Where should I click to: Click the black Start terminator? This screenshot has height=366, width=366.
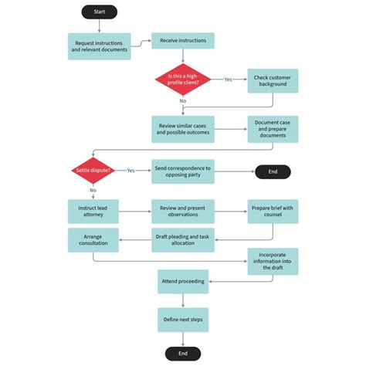(100, 12)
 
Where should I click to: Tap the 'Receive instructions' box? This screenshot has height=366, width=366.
(183, 40)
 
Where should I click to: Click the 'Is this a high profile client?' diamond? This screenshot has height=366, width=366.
(183, 79)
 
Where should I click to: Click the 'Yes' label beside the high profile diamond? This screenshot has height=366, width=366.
(229, 79)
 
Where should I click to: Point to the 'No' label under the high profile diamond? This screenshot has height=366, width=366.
(183, 101)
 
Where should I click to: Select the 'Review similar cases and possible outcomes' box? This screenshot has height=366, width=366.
(183, 129)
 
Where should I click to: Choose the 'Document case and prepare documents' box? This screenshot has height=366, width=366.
(273, 129)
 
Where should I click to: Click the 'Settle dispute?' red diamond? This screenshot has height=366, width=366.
(93, 171)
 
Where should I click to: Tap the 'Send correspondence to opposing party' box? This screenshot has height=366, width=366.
(183, 171)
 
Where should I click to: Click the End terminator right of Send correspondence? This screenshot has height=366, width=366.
(273, 171)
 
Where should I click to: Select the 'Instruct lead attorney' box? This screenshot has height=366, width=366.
(93, 212)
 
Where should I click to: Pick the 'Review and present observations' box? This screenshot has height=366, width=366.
(183, 212)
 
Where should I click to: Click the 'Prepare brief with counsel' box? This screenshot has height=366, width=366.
(273, 212)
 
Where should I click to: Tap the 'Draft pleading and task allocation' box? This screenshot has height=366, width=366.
(183, 239)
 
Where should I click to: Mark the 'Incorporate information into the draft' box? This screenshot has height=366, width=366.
(273, 261)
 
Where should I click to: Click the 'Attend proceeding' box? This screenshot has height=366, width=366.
(183, 282)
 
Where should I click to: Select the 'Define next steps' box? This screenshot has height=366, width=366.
(183, 319)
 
